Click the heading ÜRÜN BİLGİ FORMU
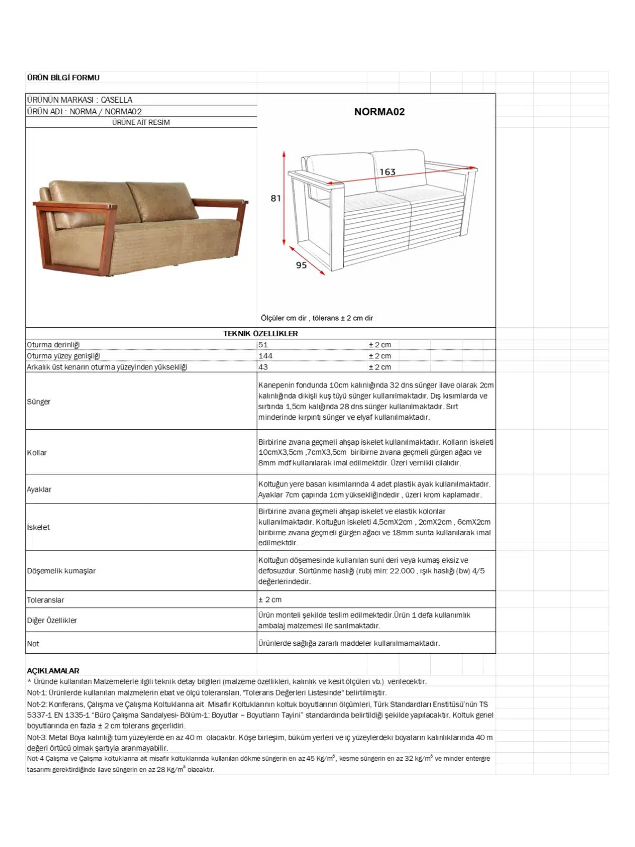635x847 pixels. [63, 78]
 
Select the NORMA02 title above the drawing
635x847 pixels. [379, 112]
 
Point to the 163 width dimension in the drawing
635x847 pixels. [387, 172]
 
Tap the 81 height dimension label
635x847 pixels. [276, 199]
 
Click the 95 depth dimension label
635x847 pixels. [301, 265]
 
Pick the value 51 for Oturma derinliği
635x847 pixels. [263, 345]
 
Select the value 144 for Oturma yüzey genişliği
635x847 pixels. [265, 356]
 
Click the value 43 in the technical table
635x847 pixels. [263, 367]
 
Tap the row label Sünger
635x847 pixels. [39, 402]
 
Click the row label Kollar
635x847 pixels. [37, 453]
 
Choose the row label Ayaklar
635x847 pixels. [39, 490]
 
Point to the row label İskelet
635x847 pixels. [39, 527]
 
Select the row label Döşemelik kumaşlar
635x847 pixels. [61, 571]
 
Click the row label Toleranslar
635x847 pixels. [46, 600]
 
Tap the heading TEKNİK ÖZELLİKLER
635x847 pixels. [260, 334]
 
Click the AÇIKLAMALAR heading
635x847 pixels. [53, 671]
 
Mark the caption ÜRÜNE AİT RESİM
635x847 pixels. [141, 122]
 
